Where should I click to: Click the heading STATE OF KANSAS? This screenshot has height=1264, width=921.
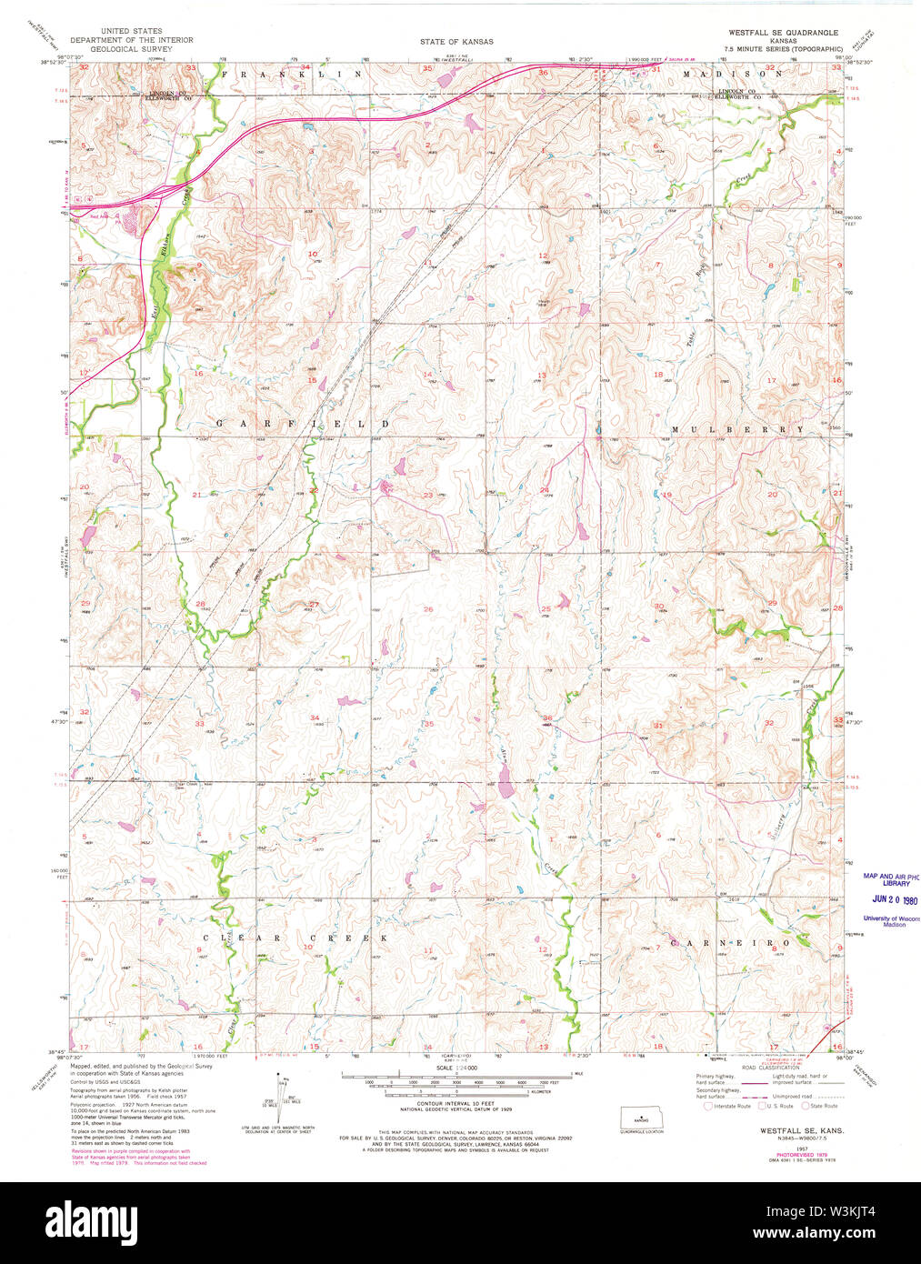click(456, 42)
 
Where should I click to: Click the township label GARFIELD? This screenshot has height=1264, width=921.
click(302, 425)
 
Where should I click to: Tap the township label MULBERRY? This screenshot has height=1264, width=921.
click(737, 428)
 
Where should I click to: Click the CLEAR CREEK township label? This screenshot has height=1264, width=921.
click(295, 938)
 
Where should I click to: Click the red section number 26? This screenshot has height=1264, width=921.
click(427, 609)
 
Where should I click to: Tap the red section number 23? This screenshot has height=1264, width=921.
click(427, 495)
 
